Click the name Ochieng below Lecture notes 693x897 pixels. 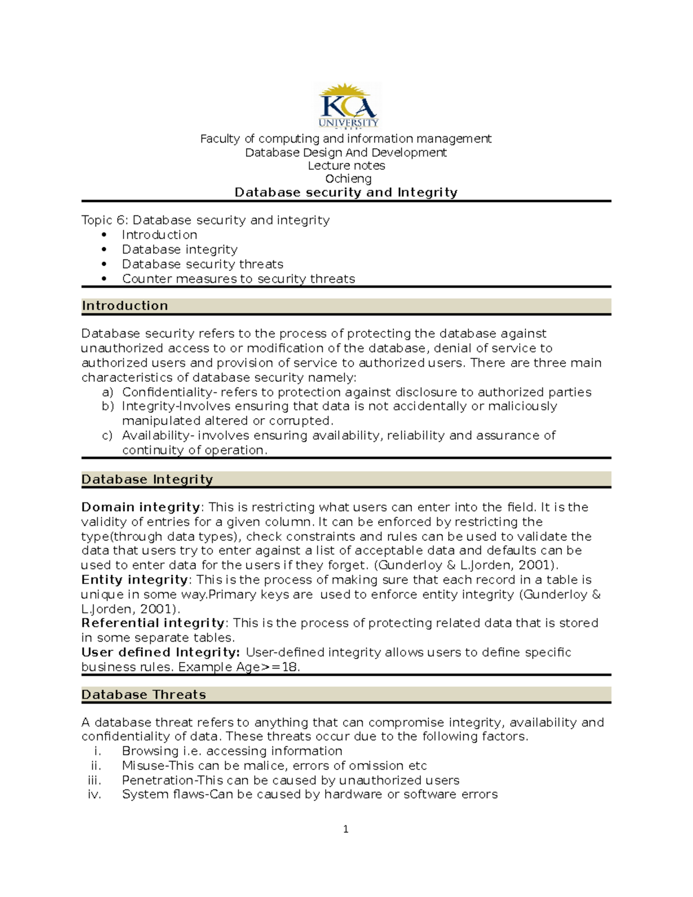pyautogui.click(x=348, y=179)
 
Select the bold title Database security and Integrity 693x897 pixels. pyautogui.click(x=346, y=192)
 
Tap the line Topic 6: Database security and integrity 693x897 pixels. pyautogui.click(x=206, y=220)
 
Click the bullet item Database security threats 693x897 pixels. pyautogui.click(x=202, y=264)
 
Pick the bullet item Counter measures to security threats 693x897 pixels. pyautogui.click(x=238, y=279)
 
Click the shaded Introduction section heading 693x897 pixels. pyautogui.click(x=125, y=306)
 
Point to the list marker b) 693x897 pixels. pyautogui.click(x=107, y=407)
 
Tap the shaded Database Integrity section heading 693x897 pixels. pyautogui.click(x=147, y=479)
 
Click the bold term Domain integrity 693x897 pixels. pyautogui.click(x=140, y=507)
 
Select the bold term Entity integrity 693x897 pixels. pyautogui.click(x=134, y=580)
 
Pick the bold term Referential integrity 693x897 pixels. pyautogui.click(x=153, y=623)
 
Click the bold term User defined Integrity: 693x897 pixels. pyautogui.click(x=161, y=652)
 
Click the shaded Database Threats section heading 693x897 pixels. pyautogui.click(x=143, y=695)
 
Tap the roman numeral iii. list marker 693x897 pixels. pyautogui.click(x=94, y=780)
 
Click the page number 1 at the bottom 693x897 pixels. pyautogui.click(x=345, y=829)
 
